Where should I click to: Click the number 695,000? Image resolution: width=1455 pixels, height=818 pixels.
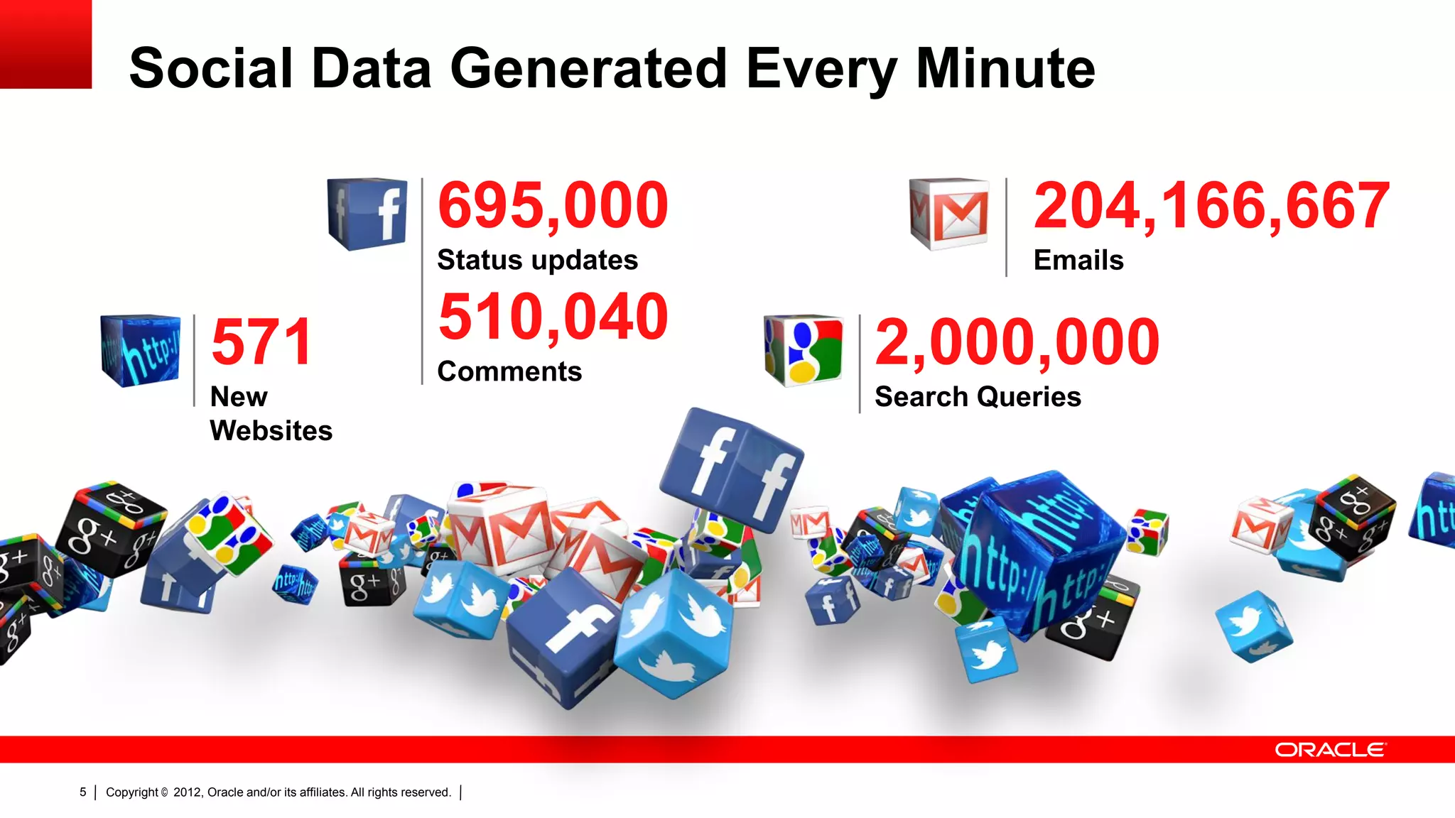[x=553, y=206]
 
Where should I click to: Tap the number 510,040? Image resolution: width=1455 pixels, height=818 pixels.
[x=553, y=317]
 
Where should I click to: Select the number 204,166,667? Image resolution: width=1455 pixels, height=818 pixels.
[x=1211, y=206]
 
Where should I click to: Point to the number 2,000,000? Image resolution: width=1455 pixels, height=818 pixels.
[x=1017, y=343]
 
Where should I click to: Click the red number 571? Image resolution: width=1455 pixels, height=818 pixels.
[x=262, y=343]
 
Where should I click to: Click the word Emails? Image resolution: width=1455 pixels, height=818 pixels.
[x=1078, y=261]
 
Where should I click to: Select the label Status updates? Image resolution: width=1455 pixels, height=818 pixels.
[x=537, y=261]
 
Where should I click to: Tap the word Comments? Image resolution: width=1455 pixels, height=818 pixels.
[x=509, y=372]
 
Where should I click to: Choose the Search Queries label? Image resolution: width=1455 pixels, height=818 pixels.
[x=977, y=397]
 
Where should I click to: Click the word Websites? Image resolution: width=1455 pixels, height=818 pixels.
[x=271, y=431]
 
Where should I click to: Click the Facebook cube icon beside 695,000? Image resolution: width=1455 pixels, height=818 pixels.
[x=367, y=214]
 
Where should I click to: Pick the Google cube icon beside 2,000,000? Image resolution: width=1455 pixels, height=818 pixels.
[x=804, y=350]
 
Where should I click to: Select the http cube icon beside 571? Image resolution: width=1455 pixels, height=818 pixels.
[x=141, y=350]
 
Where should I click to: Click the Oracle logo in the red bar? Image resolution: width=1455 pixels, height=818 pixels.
[x=1329, y=750]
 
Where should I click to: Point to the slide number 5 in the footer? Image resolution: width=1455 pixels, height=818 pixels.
[x=83, y=792]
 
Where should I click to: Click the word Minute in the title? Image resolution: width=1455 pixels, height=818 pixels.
[x=1005, y=69]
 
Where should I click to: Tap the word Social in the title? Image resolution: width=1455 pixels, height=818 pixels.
[x=211, y=69]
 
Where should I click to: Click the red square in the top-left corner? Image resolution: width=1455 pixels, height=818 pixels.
[x=45, y=44]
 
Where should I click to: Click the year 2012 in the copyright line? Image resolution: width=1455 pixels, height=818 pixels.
[x=188, y=792]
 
